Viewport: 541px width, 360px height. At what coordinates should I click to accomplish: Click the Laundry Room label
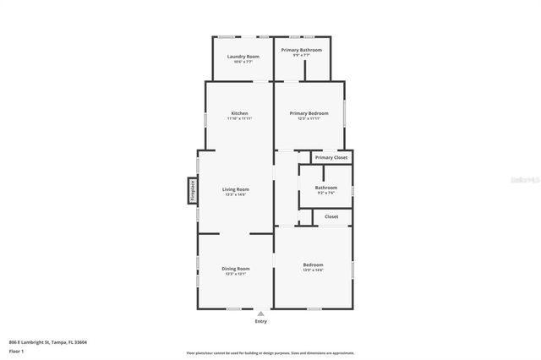click(243, 57)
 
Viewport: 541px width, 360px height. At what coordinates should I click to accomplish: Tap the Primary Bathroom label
click(302, 50)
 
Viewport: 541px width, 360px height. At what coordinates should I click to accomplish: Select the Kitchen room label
click(239, 113)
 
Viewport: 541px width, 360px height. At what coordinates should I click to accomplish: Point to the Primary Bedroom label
click(309, 113)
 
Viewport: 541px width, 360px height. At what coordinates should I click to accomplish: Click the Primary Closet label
click(331, 157)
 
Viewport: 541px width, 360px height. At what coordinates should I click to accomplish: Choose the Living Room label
click(236, 189)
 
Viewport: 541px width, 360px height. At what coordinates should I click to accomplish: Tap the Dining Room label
click(236, 268)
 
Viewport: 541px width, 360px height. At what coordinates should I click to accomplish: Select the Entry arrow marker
click(260, 314)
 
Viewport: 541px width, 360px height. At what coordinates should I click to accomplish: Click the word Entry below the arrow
click(260, 322)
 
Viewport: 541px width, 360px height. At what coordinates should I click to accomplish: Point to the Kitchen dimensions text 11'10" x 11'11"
click(239, 119)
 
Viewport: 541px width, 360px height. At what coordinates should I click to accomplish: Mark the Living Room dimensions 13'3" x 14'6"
click(236, 195)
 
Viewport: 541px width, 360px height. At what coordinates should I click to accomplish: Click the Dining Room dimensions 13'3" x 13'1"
click(236, 274)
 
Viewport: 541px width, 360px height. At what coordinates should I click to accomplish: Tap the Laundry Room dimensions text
click(243, 62)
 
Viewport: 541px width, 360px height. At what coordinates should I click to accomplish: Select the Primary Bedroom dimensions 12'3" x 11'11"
click(309, 119)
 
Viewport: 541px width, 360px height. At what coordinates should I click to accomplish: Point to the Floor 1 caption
click(17, 351)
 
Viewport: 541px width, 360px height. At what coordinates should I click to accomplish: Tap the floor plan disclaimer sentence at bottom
click(270, 353)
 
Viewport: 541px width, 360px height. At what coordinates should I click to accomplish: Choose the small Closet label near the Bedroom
click(331, 216)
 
